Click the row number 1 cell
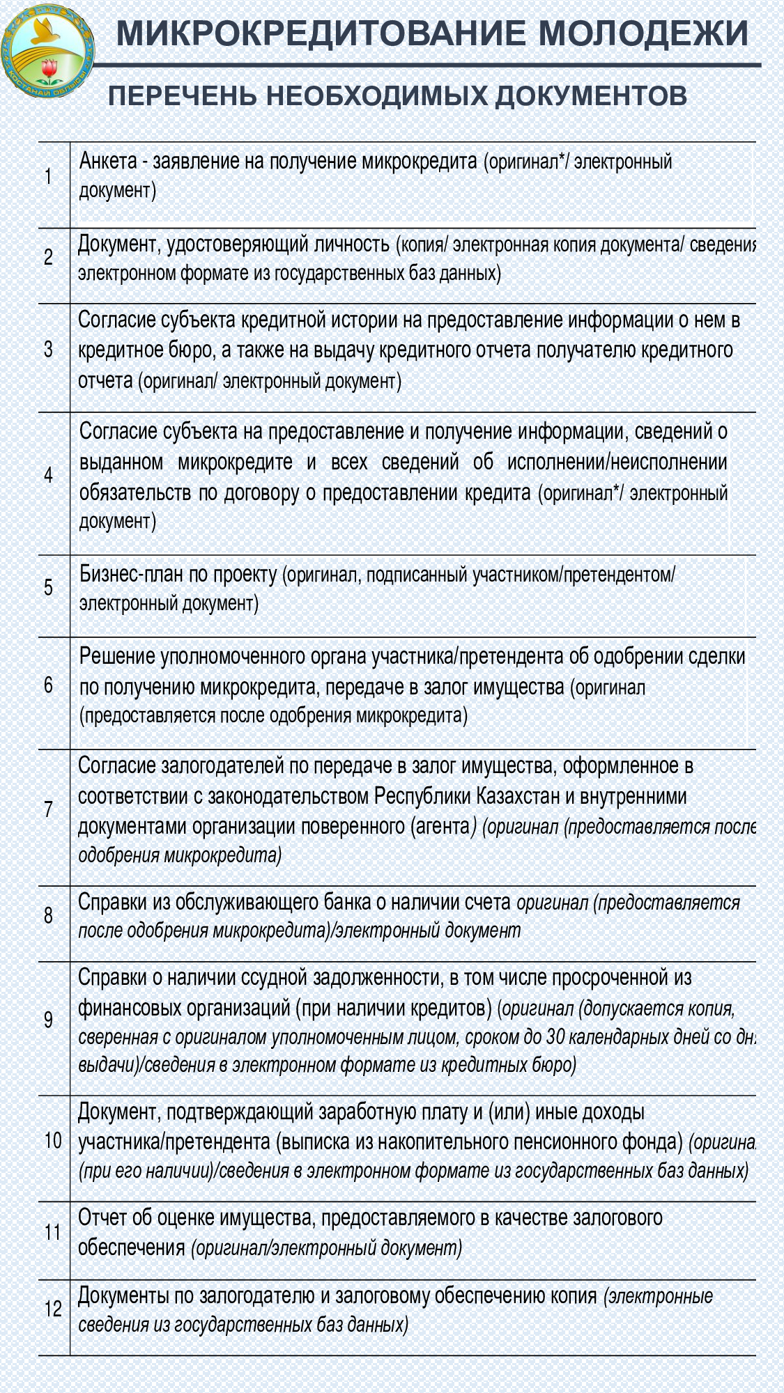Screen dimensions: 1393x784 pyautogui.click(x=48, y=176)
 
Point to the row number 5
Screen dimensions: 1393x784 pyautogui.click(x=48, y=587)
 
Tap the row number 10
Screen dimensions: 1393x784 pyautogui.click(x=53, y=1140)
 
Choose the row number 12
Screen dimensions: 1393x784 pyautogui.click(x=53, y=1309)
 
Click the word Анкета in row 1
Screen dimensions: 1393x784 pyautogui.click(x=108, y=162)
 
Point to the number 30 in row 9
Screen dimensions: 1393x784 pyautogui.click(x=555, y=1036)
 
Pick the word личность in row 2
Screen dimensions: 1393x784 pyautogui.click(x=351, y=244)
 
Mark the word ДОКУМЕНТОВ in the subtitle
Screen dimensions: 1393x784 pyautogui.click(x=591, y=96)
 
